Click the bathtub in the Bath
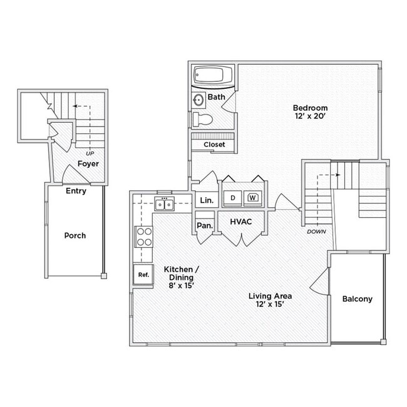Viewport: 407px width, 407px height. (x=213, y=76)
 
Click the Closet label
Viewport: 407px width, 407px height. (x=214, y=145)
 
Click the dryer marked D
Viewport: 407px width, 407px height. (x=233, y=198)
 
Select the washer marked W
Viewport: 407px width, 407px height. (x=253, y=198)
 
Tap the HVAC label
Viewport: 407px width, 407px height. (x=241, y=222)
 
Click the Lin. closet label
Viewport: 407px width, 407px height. (x=206, y=200)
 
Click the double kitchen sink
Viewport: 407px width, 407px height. (x=165, y=204)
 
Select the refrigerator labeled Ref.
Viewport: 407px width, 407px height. (x=143, y=274)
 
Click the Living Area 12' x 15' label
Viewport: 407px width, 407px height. (x=270, y=301)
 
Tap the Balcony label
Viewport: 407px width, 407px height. (x=357, y=299)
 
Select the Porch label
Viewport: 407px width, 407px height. (x=75, y=235)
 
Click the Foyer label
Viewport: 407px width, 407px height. (x=88, y=163)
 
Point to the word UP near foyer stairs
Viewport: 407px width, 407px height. (x=91, y=153)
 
